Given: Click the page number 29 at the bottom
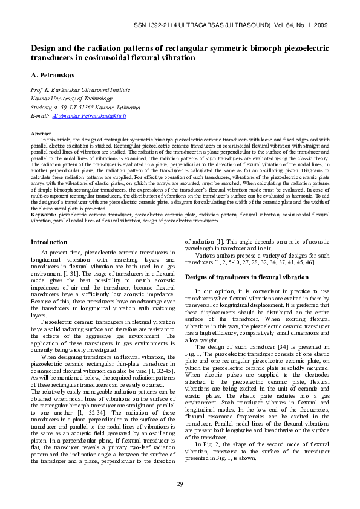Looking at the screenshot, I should tap(180, 484).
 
